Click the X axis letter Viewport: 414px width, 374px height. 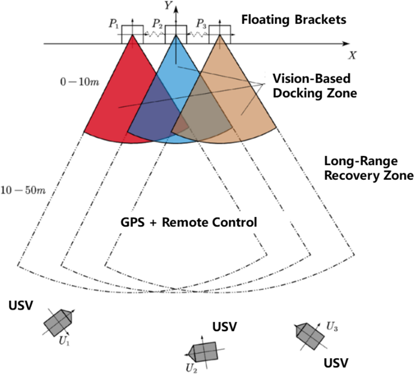pos(353,55)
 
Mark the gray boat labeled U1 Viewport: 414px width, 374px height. pos(59,323)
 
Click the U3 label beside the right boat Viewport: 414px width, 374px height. pos(333,326)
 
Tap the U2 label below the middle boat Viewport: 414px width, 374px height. pos(191,368)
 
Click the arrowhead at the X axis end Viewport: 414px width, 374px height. pos(346,43)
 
